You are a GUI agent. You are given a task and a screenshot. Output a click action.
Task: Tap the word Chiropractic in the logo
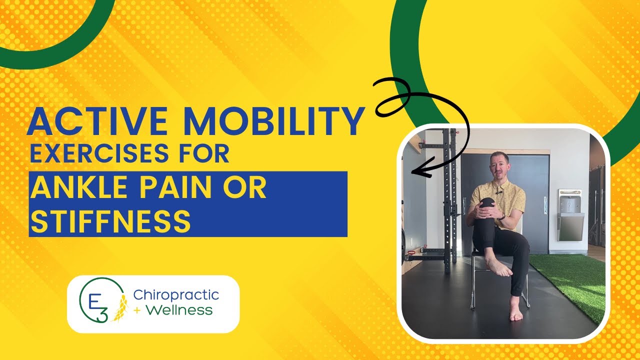click(176, 295)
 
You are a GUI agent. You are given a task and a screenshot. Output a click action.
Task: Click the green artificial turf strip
click(575, 280)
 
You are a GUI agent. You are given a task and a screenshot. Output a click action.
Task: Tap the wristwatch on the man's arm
click(501, 216)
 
